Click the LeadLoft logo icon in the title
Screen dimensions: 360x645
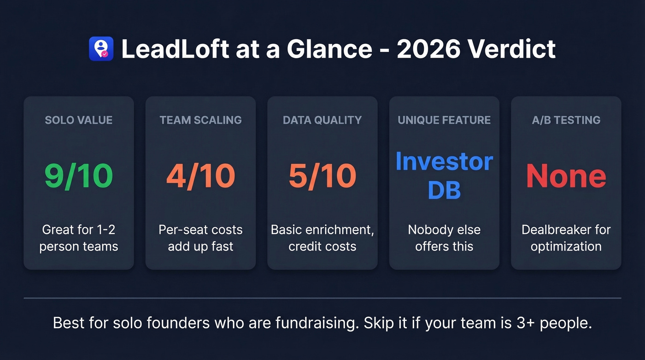101,49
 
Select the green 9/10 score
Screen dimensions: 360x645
79,176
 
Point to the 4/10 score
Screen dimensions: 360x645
200,176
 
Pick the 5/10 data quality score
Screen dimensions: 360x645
322,176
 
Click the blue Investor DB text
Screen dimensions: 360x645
444,176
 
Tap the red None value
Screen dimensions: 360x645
566,176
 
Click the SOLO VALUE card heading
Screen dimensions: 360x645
79,120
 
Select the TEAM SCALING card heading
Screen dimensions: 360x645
200,120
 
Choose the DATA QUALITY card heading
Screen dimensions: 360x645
322,120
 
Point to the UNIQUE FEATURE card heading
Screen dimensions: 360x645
444,120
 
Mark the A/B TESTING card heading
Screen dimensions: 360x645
566,120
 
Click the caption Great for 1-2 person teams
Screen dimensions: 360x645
79,238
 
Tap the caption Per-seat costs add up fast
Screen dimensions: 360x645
200,238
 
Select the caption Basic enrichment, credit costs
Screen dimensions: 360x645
322,238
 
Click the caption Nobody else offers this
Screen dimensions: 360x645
444,238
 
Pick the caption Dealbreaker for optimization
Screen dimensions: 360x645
566,238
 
